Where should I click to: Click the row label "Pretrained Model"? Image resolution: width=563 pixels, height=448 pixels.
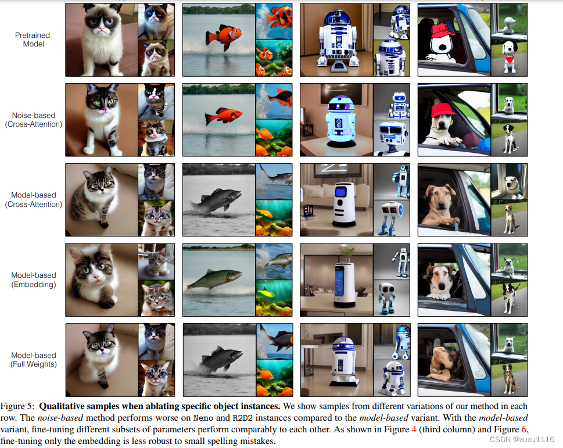33,40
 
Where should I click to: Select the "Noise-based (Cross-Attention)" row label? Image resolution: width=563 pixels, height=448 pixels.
33,120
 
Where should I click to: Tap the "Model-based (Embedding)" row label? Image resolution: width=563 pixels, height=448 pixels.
33,279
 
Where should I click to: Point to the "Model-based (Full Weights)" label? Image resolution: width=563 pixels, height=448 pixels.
33,359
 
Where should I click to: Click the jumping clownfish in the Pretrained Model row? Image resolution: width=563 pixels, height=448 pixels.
223,37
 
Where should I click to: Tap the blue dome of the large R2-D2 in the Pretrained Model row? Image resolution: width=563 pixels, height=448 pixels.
336,17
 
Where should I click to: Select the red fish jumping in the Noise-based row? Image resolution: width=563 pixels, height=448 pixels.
223,116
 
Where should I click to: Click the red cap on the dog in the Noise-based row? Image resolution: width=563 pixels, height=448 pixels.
444,109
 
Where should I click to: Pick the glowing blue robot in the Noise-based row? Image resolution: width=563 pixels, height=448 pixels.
340,121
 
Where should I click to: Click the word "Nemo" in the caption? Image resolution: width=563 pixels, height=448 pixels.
203,418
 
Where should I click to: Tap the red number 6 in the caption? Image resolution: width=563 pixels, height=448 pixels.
524,429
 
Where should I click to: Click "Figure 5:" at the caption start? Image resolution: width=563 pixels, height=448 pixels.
17,406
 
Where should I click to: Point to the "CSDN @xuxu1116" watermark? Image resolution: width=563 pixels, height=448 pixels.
522,439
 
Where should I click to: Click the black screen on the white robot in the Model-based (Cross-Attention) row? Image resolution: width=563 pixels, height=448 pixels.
340,192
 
